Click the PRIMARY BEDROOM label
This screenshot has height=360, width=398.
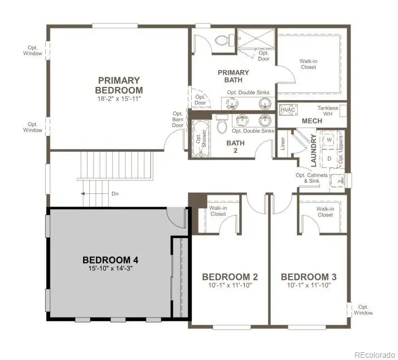click(119, 85)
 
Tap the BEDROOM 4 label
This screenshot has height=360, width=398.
click(110, 260)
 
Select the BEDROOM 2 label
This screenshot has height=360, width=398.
click(230, 277)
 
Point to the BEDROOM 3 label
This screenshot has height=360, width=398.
click(309, 277)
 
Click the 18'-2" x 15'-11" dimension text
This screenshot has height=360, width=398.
click(119, 99)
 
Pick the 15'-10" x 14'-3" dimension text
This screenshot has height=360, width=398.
click(110, 268)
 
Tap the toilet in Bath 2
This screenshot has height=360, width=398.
click(221, 125)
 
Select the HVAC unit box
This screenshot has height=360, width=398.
click(287, 110)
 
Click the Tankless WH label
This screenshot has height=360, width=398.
click(328, 111)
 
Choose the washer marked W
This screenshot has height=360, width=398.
click(329, 139)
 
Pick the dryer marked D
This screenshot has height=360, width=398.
click(329, 158)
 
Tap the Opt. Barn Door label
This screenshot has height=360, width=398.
click(178, 119)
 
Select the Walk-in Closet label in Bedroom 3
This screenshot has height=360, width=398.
click(324, 212)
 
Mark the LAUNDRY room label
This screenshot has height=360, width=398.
click(314, 150)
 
